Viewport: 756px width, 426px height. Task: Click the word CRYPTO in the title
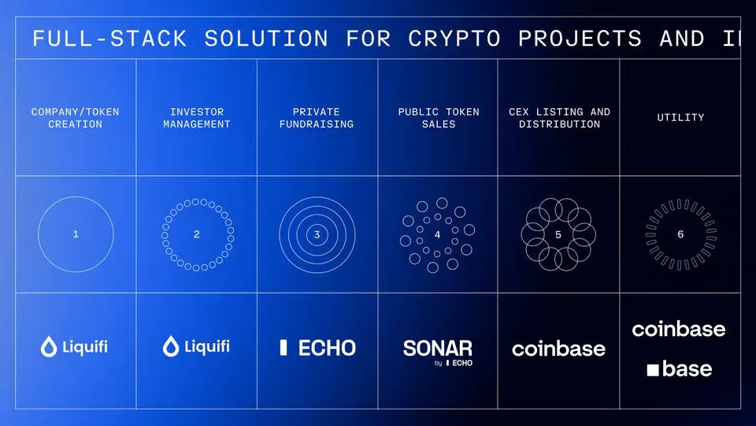pyautogui.click(x=454, y=39)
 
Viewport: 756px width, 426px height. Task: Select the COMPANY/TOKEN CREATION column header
pyautogui.click(x=76, y=118)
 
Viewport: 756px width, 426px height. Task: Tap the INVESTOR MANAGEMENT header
pyautogui.click(x=197, y=118)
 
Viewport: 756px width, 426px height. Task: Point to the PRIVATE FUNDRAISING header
pyautogui.click(x=317, y=118)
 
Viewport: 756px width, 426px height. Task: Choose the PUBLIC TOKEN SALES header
pyautogui.click(x=438, y=118)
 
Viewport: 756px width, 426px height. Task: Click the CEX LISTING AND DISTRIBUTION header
pyautogui.click(x=559, y=118)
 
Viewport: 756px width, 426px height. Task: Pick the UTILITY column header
pyautogui.click(x=680, y=118)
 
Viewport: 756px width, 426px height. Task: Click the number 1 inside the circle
pyautogui.click(x=76, y=234)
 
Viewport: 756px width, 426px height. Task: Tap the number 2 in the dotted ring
pyautogui.click(x=197, y=234)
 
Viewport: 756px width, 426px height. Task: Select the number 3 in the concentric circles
pyautogui.click(x=317, y=234)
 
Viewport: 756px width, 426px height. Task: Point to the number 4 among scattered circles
pyautogui.click(x=437, y=234)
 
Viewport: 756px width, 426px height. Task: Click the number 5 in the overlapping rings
pyautogui.click(x=558, y=234)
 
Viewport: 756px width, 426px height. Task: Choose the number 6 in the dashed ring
pyautogui.click(x=680, y=234)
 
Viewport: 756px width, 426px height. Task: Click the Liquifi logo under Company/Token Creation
pyautogui.click(x=76, y=346)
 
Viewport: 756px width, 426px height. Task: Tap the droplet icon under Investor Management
pyautogui.click(x=171, y=346)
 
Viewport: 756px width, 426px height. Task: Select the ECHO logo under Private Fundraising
pyautogui.click(x=317, y=347)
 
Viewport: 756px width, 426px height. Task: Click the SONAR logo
pyautogui.click(x=438, y=349)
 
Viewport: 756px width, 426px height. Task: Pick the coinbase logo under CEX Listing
pyautogui.click(x=558, y=349)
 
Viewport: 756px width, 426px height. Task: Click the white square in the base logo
pyautogui.click(x=653, y=369)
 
